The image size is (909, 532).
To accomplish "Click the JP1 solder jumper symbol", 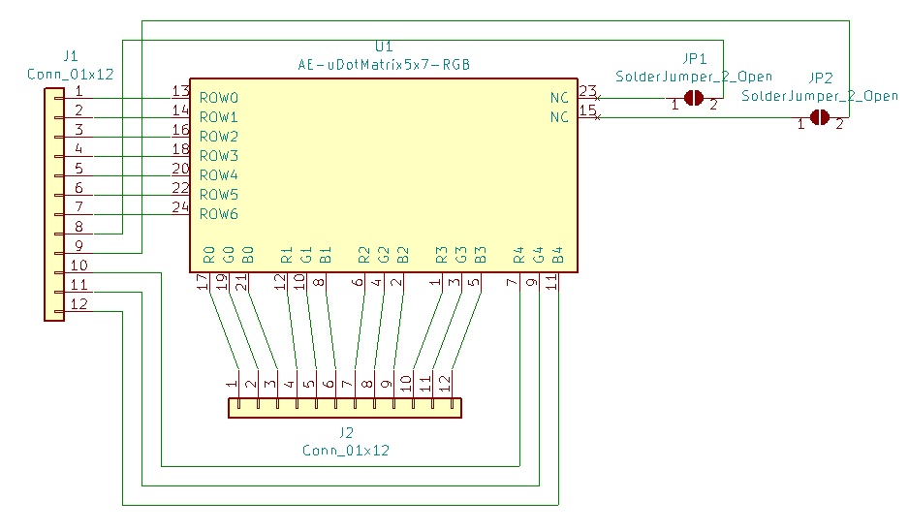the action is pyautogui.click(x=693, y=98).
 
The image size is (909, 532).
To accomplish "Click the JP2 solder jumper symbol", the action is pyautogui.click(x=819, y=117).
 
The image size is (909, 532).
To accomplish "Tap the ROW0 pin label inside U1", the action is pyautogui.click(x=219, y=98).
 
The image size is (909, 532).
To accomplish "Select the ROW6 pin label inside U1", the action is pyautogui.click(x=219, y=214).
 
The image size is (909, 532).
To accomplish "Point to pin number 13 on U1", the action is pyautogui.click(x=180, y=90).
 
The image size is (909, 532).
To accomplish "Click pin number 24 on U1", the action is pyautogui.click(x=180, y=207).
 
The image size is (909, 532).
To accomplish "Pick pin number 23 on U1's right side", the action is pyautogui.click(x=588, y=90).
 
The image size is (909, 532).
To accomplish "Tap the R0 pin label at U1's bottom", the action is pyautogui.click(x=209, y=255).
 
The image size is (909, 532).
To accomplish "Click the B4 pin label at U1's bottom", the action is pyautogui.click(x=557, y=255).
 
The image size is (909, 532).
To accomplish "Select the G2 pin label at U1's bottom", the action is pyautogui.click(x=383, y=255).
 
